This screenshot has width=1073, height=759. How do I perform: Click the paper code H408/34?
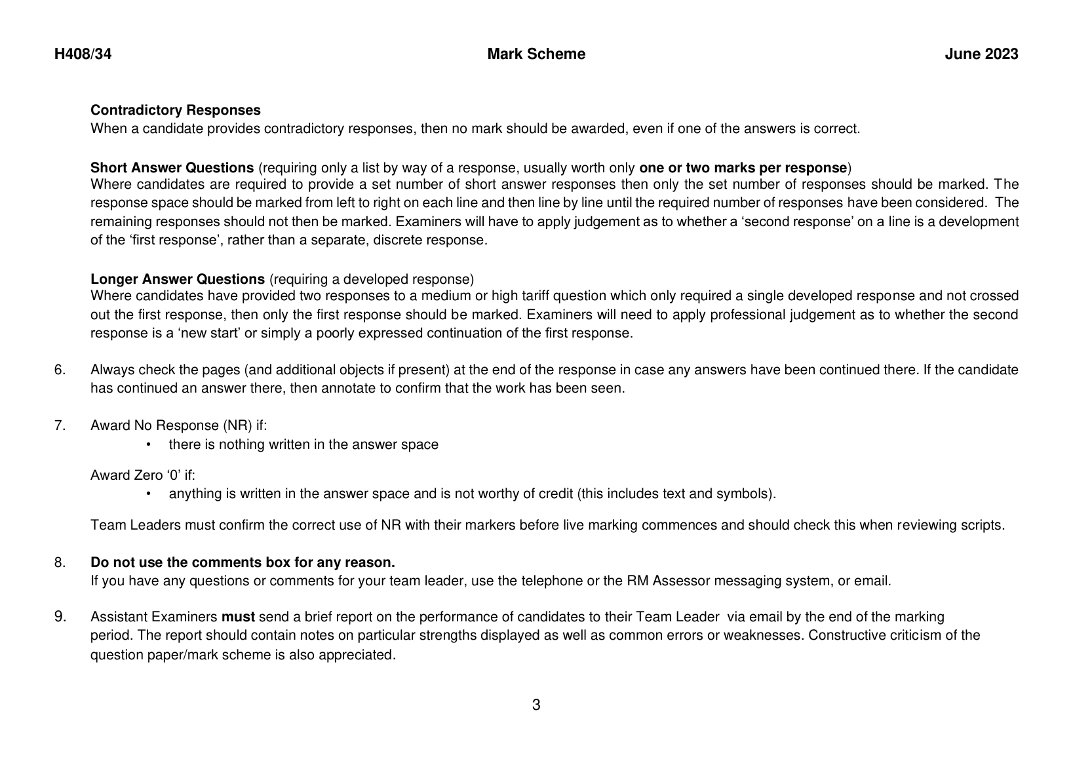83,54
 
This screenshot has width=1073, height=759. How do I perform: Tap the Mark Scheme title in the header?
536,54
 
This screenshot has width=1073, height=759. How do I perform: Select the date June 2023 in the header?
981,54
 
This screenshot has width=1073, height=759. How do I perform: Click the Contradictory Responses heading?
175,110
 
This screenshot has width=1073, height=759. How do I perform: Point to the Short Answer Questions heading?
172,167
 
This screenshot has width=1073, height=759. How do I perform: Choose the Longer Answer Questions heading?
177,279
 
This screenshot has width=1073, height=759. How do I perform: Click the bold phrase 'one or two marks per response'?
743,167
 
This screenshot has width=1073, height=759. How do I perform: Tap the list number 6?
60,370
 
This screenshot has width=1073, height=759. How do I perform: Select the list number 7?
60,425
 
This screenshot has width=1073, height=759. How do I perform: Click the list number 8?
60,562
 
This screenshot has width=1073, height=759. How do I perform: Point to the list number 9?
60,617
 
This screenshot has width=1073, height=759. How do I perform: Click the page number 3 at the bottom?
536,705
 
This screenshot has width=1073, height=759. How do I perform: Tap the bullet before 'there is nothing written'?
149,444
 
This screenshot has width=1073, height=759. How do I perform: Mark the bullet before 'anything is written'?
149,494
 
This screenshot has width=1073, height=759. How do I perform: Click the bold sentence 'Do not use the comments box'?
243,562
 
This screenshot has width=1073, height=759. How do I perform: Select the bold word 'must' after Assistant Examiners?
238,617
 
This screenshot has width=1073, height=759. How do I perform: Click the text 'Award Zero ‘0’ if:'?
142,475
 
